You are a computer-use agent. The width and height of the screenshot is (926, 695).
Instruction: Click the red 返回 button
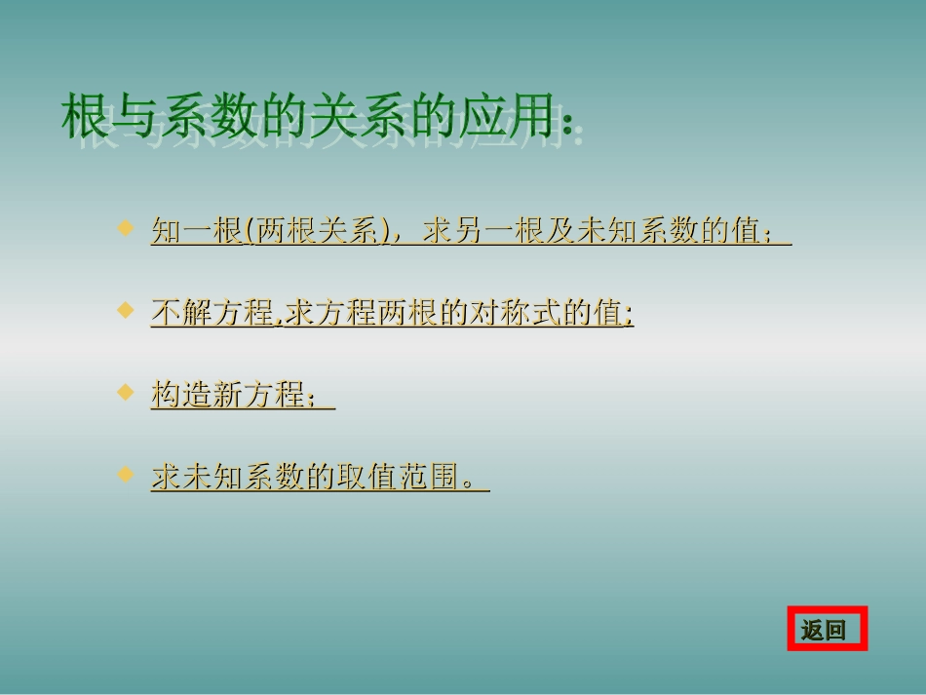pyautogui.click(x=827, y=630)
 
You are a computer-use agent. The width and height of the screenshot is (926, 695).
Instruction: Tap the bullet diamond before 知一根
pyautogui.click(x=125, y=228)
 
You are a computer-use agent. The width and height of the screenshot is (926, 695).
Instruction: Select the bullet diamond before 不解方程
pyautogui.click(x=125, y=310)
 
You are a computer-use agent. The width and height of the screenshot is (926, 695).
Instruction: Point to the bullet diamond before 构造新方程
pyautogui.click(x=125, y=392)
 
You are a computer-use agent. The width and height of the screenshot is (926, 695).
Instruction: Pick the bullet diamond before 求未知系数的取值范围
pyautogui.click(x=125, y=475)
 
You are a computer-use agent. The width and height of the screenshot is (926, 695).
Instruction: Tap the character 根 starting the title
pyautogui.click(x=86, y=117)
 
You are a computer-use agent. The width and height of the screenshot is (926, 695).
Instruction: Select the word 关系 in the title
pyautogui.click(x=366, y=117)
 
